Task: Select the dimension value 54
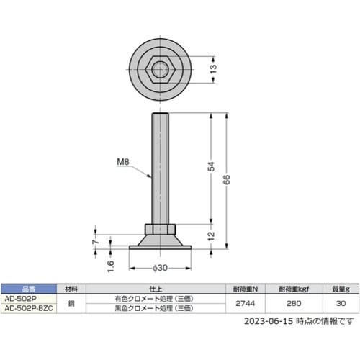click(x=211, y=168)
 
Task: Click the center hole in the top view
click(x=160, y=70)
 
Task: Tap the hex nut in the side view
click(x=160, y=230)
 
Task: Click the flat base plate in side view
click(x=160, y=248)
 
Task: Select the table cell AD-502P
click(x=22, y=297)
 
